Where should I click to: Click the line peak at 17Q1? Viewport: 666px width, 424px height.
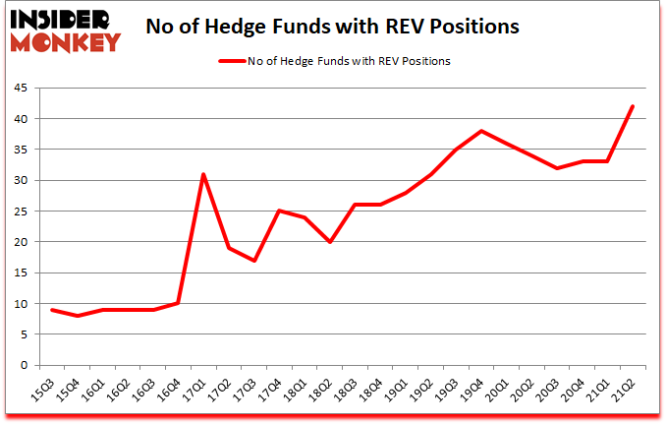(x=203, y=174)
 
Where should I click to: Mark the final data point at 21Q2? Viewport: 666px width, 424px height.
(x=633, y=106)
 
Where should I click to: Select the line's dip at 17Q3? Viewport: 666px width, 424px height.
(x=254, y=261)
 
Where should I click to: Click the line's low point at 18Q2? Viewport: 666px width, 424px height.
(x=330, y=242)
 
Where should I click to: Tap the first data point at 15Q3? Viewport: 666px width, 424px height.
(x=52, y=310)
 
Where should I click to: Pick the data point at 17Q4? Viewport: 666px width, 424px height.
(x=279, y=211)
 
